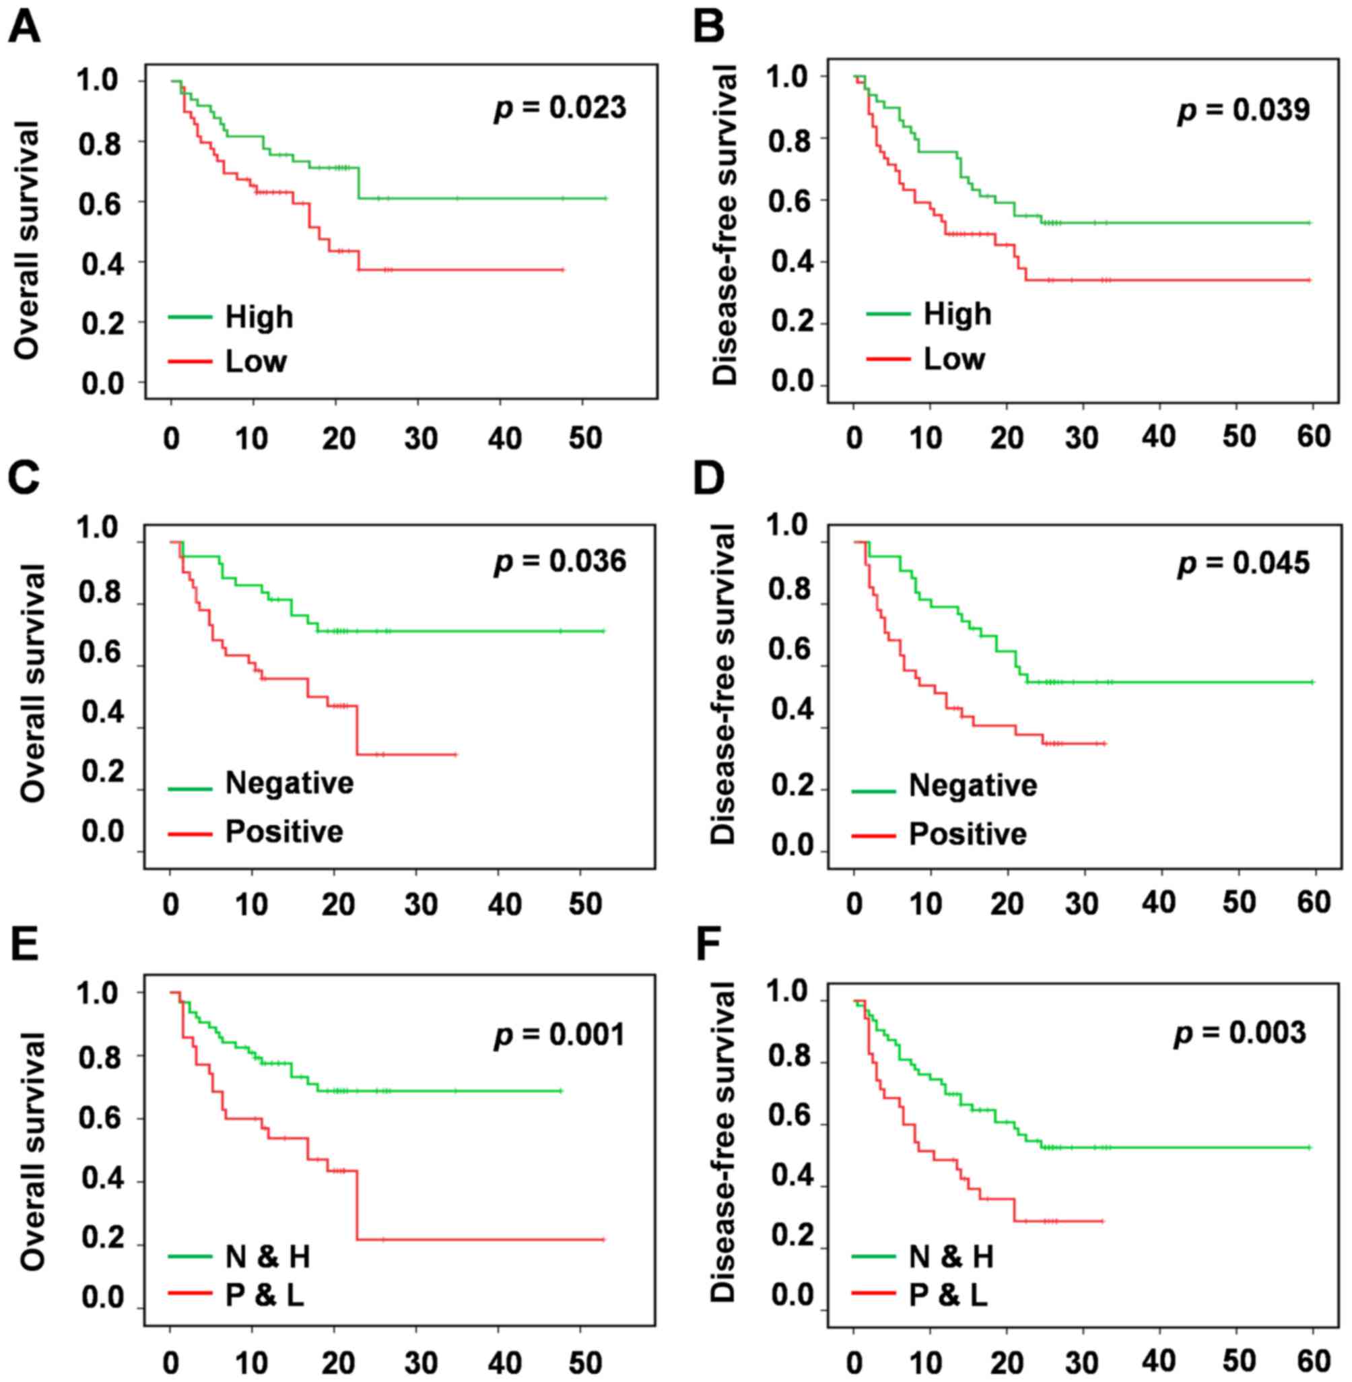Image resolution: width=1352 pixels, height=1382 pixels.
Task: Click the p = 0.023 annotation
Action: pos(560,108)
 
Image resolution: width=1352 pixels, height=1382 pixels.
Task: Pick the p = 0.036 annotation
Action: pos(560,562)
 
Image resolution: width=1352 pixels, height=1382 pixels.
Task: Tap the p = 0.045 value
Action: pos(1244,563)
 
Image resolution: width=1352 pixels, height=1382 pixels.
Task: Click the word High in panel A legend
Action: pos(259,317)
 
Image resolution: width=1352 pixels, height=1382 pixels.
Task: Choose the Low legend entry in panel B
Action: pos(953,360)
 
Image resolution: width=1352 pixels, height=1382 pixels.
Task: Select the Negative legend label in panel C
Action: pos(289,783)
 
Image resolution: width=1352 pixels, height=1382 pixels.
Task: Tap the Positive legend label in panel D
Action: pos(968,834)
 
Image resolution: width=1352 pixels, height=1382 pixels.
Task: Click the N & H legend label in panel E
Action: pos(268,1257)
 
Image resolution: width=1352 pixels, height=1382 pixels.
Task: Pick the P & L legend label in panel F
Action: pos(948,1296)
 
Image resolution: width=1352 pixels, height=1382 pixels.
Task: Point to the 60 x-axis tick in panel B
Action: pos(1313,435)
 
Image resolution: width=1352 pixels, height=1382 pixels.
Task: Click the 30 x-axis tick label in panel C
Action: pos(420,904)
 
